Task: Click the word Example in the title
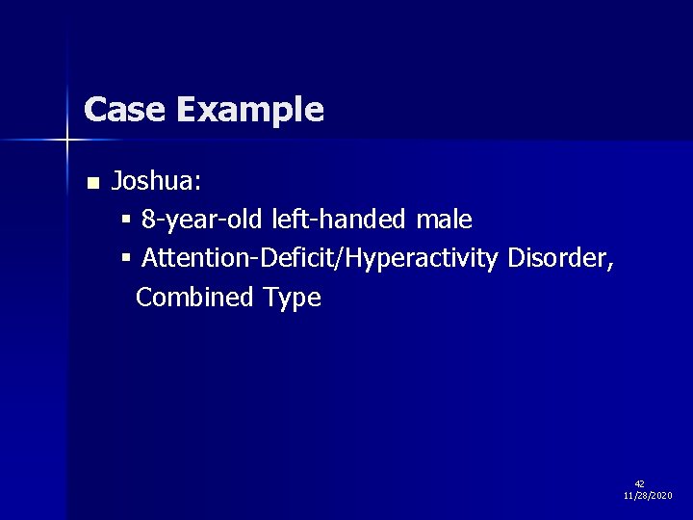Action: coord(249,111)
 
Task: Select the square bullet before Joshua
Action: coord(92,183)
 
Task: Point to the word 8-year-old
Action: coord(203,221)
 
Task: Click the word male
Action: coord(444,221)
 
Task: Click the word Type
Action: coord(292,299)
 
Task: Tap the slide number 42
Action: coord(640,483)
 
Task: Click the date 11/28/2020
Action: coord(648,495)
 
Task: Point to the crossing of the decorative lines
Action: coord(67,141)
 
